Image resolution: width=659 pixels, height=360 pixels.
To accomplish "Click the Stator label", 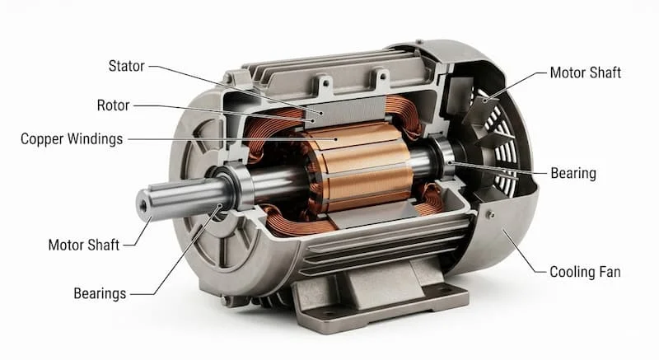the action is tap(126, 66).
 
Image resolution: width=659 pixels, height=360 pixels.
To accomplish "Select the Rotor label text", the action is tap(113, 105).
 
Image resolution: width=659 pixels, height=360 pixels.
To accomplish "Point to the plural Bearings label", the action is tap(100, 293).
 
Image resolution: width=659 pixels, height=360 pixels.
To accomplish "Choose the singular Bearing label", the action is tap(573, 173).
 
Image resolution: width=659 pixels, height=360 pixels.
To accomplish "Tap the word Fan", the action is tap(610, 272).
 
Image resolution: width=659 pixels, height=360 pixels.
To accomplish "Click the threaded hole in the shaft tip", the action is tap(143, 206).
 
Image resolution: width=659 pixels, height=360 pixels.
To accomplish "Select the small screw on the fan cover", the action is tap(489, 215).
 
